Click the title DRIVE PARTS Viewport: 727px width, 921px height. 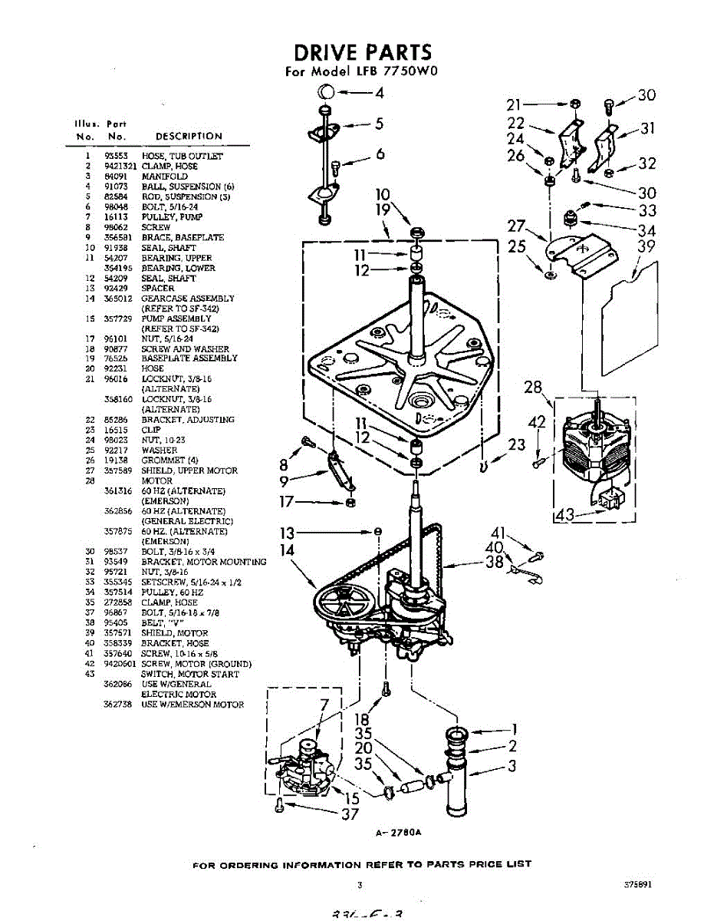[x=363, y=52]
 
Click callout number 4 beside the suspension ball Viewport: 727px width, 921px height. [x=379, y=94]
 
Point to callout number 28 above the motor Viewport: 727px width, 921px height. [x=534, y=388]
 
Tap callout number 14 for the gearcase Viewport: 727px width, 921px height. [x=287, y=550]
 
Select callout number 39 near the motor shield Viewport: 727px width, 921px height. [x=647, y=246]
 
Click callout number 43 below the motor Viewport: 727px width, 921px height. [x=565, y=516]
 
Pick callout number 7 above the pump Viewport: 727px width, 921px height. [x=324, y=705]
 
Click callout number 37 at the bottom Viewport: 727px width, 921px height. [x=350, y=814]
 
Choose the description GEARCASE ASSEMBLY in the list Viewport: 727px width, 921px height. [x=188, y=299]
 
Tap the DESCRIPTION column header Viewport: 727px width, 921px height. [x=188, y=137]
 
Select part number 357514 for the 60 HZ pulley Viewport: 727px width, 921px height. [x=118, y=593]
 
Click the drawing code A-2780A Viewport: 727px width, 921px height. [x=400, y=834]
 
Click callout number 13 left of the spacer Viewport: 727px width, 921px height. [x=287, y=532]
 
